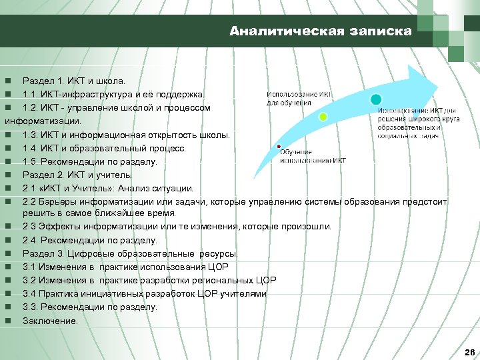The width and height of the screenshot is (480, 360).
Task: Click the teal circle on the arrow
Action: [376, 99]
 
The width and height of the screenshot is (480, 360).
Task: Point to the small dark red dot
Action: [279, 145]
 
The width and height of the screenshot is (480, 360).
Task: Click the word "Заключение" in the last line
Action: [49, 321]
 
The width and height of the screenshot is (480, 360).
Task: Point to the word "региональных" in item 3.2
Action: [225, 280]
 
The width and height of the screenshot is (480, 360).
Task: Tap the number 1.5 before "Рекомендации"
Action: [31, 161]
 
